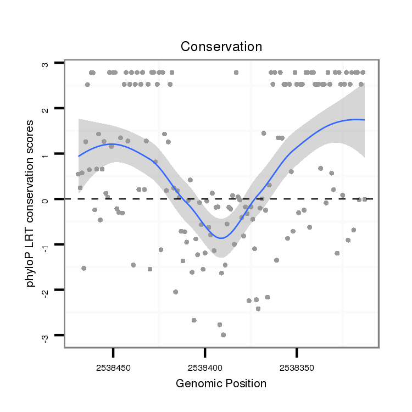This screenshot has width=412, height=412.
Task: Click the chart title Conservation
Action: [x=221, y=47]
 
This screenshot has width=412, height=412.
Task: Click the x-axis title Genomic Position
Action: [x=221, y=383]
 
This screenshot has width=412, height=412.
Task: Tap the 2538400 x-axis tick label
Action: [x=205, y=365]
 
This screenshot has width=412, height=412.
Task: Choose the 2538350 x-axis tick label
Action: [x=297, y=365]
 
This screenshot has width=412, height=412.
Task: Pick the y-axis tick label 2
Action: [x=45, y=109]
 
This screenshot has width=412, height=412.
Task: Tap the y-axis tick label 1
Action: [x=45, y=154]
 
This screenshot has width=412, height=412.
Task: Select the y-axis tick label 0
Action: [x=45, y=199]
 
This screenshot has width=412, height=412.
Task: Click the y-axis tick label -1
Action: [x=45, y=244]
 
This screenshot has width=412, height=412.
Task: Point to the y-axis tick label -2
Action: [x=45, y=289]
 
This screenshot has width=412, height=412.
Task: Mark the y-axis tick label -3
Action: [x=45, y=335]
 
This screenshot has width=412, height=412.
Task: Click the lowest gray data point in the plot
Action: [x=223, y=335]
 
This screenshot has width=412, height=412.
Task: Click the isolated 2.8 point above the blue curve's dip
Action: [x=236, y=73]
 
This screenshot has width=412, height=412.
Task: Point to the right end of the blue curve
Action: [x=364, y=120]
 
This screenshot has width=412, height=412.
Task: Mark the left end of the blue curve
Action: [x=79, y=156]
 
